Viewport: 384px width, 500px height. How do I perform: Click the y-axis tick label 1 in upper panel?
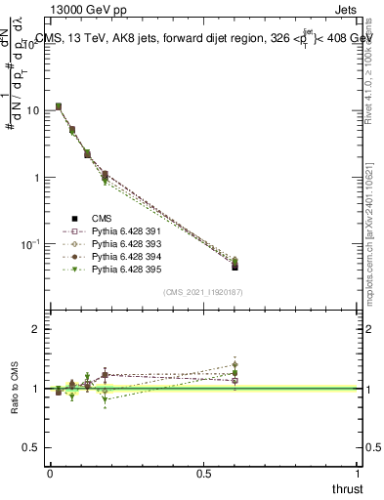[37, 178]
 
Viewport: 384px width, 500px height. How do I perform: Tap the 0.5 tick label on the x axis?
[203, 472]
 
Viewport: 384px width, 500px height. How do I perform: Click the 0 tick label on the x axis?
[49, 472]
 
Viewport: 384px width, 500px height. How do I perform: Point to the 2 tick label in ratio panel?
[37, 330]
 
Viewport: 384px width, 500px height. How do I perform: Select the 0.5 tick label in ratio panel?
[32, 446]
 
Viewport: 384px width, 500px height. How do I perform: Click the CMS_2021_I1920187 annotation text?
[203, 291]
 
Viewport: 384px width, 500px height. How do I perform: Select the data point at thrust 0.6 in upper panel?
[235, 266]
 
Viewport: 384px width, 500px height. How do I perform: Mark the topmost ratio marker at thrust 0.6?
[235, 365]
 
